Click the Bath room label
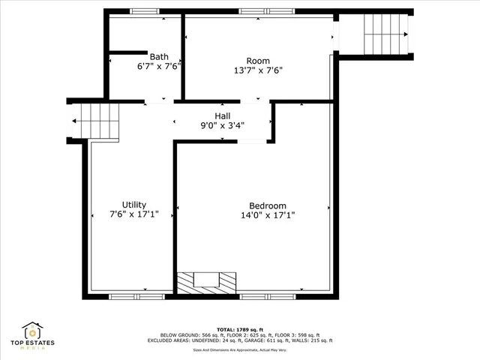tap(158, 56)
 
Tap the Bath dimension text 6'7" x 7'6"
tap(158, 67)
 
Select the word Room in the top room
tap(258, 61)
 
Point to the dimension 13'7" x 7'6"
tap(258, 71)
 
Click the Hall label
tap(223, 115)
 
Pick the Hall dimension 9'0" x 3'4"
tap(223, 126)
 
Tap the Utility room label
tap(134, 205)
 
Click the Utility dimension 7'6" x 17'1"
tap(134, 215)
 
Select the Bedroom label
tap(268, 206)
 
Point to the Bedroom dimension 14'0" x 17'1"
tap(268, 216)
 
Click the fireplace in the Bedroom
tap(206, 281)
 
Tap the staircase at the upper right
tap(385, 34)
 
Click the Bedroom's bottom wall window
tap(267, 296)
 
